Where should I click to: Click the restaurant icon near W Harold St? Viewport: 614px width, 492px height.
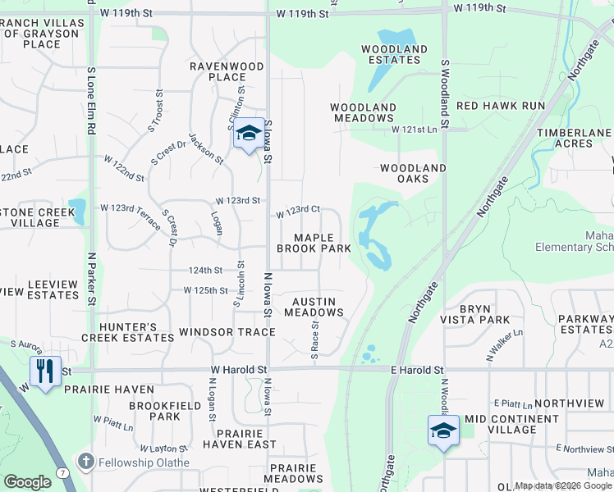[44, 371]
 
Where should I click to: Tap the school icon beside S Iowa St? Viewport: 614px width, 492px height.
[248, 133]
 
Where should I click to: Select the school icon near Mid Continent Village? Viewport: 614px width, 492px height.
[442, 430]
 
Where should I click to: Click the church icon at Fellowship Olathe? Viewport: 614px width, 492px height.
[85, 462]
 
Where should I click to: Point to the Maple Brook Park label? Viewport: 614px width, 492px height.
[314, 243]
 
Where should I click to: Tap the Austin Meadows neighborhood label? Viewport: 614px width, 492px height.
[314, 307]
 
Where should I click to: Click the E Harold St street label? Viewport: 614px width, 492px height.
[416, 371]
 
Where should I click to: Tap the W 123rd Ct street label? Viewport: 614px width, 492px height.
[297, 211]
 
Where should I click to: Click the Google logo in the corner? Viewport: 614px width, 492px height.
[27, 482]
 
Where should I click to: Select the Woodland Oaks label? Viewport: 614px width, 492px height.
[412, 173]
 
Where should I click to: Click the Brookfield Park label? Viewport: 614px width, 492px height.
[153, 411]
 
